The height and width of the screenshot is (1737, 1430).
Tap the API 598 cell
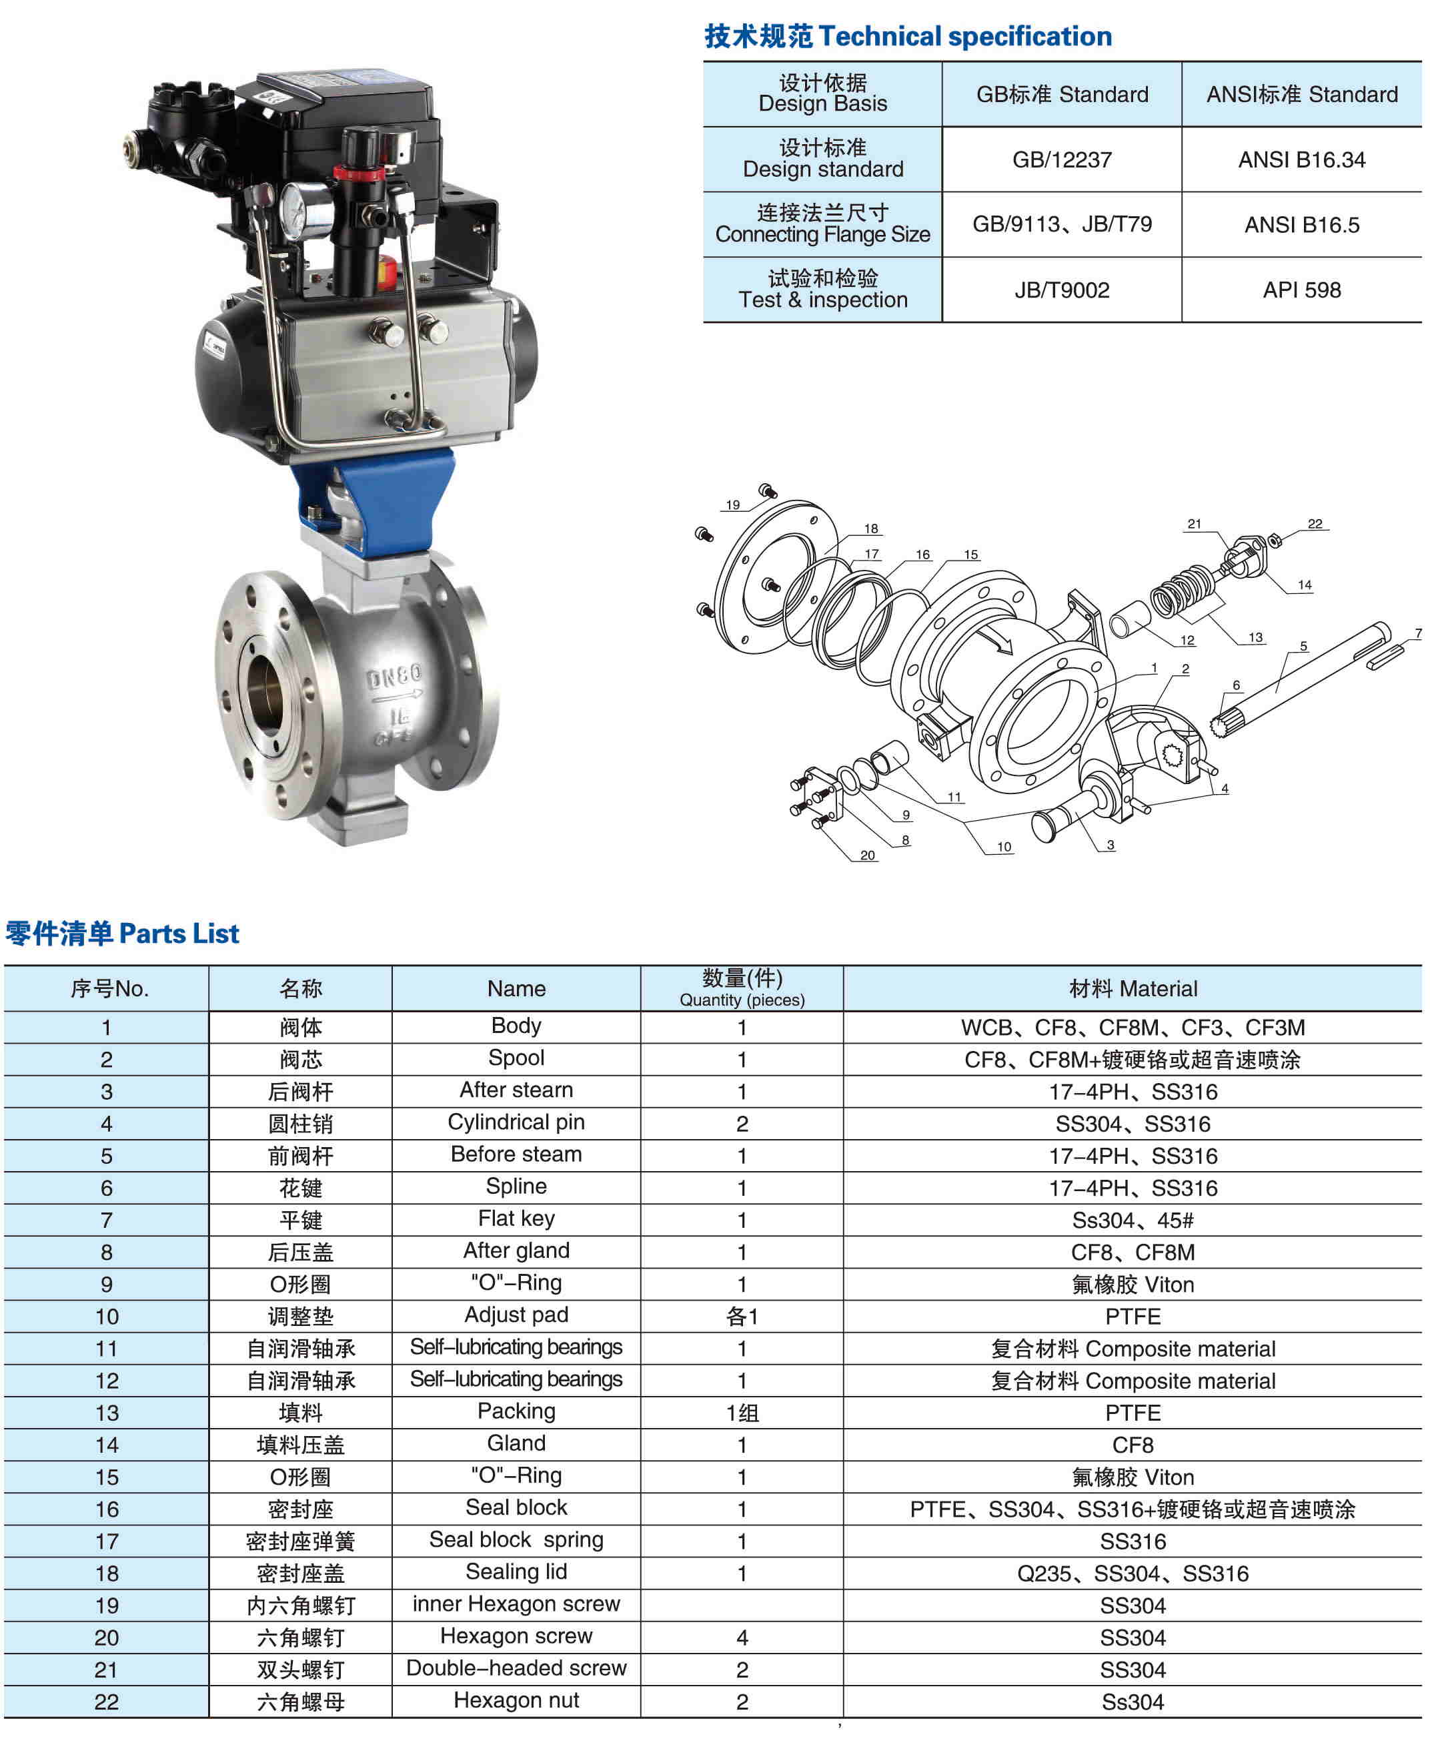[x=1301, y=290]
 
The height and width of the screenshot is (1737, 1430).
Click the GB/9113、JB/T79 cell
[x=1061, y=224]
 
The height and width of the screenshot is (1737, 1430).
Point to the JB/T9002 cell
[x=1061, y=290]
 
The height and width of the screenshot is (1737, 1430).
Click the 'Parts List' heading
[x=122, y=934]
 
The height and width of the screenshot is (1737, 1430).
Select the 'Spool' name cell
[x=516, y=1058]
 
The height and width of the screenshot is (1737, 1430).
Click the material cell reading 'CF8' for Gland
[x=1132, y=1445]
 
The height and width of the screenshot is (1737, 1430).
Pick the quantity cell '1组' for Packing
[x=742, y=1413]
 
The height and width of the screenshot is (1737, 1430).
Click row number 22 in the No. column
[x=106, y=1702]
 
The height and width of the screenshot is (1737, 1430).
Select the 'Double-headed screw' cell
[x=516, y=1669]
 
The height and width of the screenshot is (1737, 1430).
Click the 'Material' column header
[x=1132, y=989]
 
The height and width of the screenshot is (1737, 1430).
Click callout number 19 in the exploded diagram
[x=732, y=505]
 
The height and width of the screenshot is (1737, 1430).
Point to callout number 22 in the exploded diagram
[x=1315, y=523]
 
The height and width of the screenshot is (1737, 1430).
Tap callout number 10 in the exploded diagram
[x=1003, y=846]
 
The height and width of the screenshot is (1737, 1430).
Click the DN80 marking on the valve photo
[x=394, y=677]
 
